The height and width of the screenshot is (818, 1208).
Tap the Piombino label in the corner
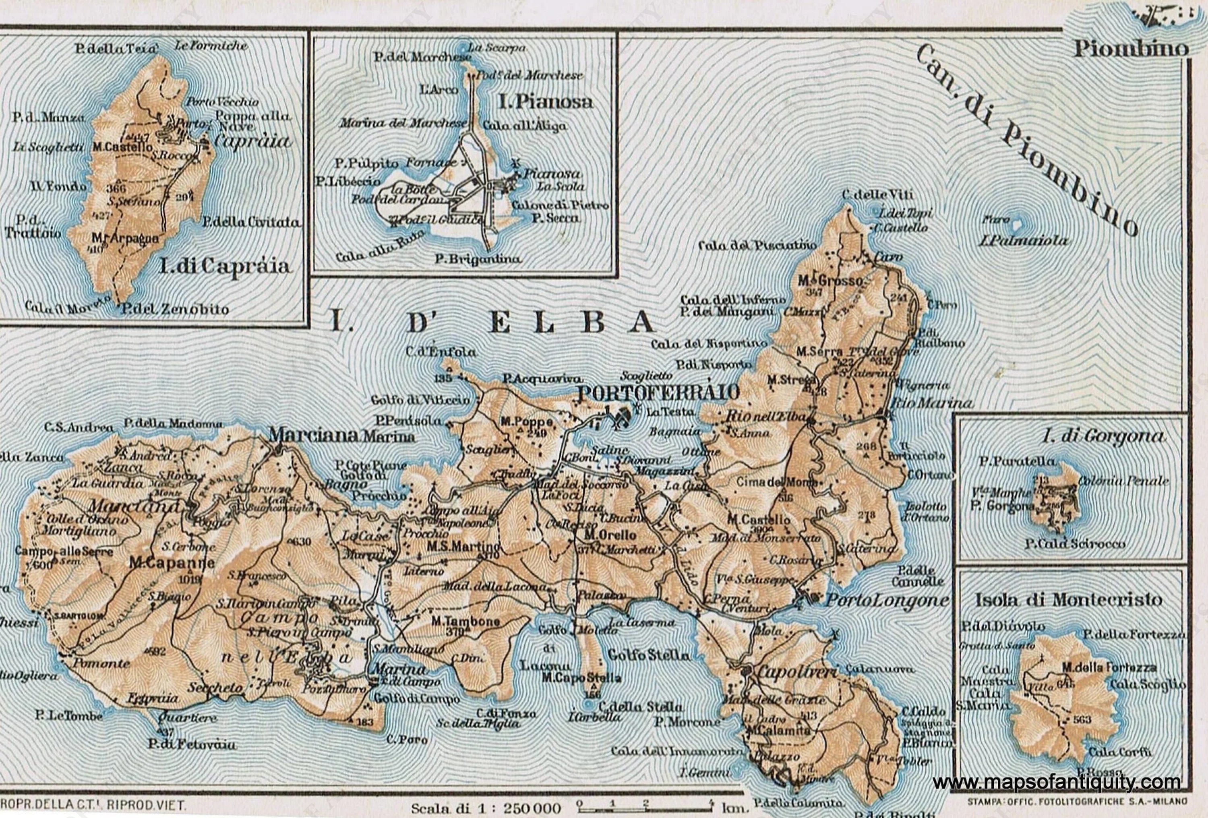pyautogui.click(x=1131, y=50)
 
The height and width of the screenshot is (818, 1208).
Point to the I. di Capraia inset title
pyautogui.click(x=225, y=266)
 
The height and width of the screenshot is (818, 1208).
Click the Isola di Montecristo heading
pyautogui.click(x=1068, y=600)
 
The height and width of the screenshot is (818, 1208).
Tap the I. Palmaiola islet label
pyautogui.click(x=1023, y=241)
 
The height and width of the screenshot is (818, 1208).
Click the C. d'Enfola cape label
pyautogui.click(x=441, y=352)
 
